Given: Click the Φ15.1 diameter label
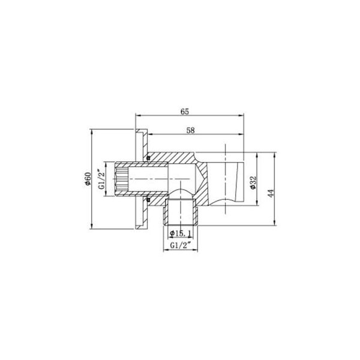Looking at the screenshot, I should click(x=180, y=233).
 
